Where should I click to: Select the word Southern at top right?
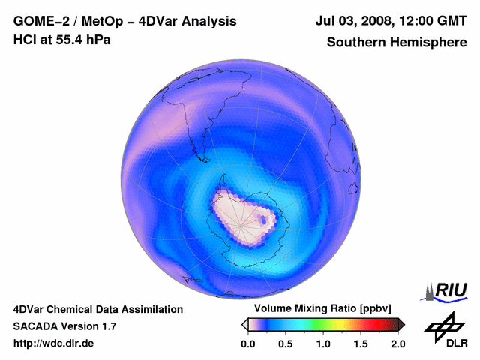355,43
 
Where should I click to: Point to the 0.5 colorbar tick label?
286,343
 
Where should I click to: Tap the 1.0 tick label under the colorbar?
323,343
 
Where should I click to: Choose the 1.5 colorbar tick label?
361,343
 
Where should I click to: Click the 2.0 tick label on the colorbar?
397,343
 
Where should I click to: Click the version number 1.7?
107,326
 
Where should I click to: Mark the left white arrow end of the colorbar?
245,324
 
